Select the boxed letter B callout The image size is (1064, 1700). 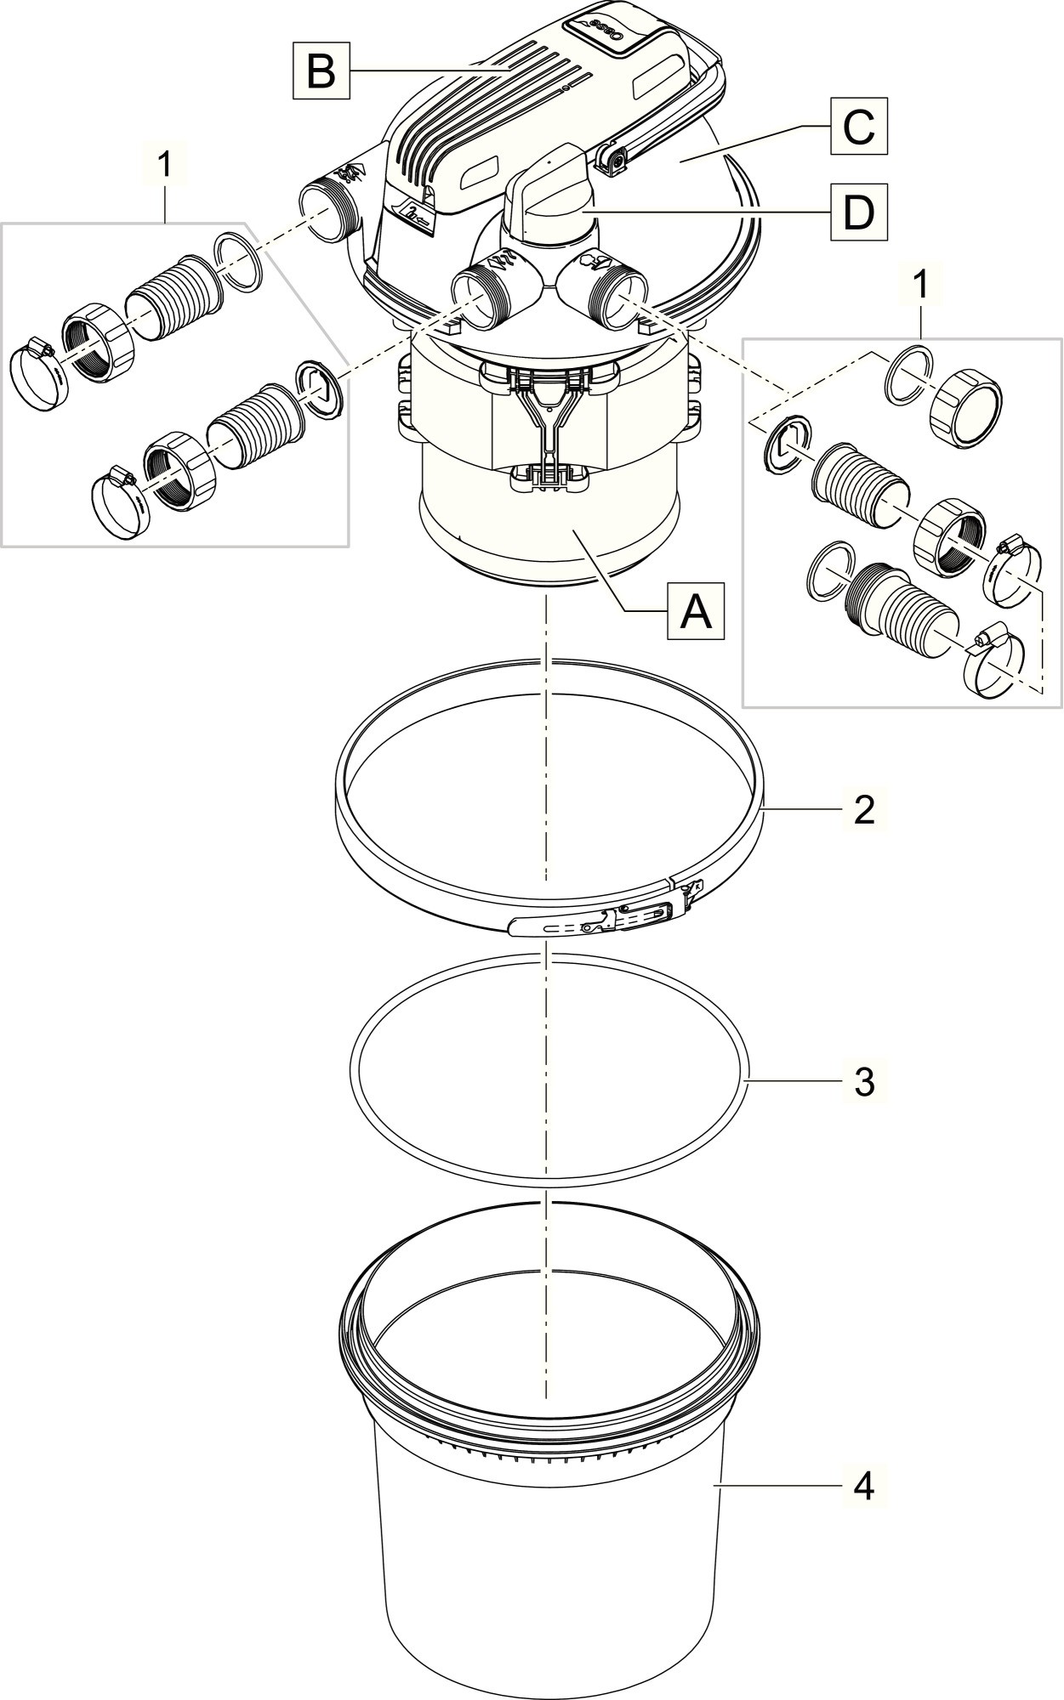pyautogui.click(x=321, y=71)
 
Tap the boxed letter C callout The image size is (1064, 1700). pyautogui.click(x=858, y=127)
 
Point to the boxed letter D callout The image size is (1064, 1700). pyautogui.click(x=858, y=212)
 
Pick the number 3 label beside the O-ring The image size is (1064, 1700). pyautogui.click(x=863, y=1082)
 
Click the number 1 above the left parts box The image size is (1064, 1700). pyautogui.click(x=166, y=166)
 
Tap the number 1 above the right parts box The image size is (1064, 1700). pyautogui.click(x=921, y=286)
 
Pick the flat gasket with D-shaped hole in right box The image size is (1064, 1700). pyautogui.click(x=783, y=443)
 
